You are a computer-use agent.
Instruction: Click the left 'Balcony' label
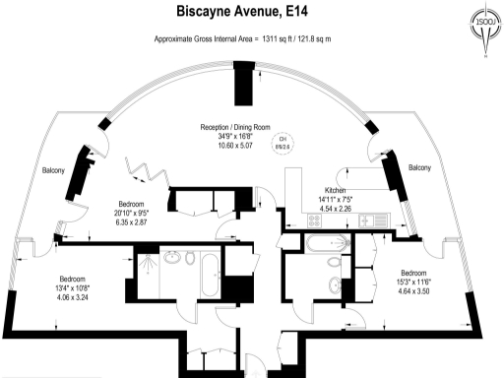53,171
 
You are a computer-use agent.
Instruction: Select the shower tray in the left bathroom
145,262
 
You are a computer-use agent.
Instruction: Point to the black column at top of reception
241,90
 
